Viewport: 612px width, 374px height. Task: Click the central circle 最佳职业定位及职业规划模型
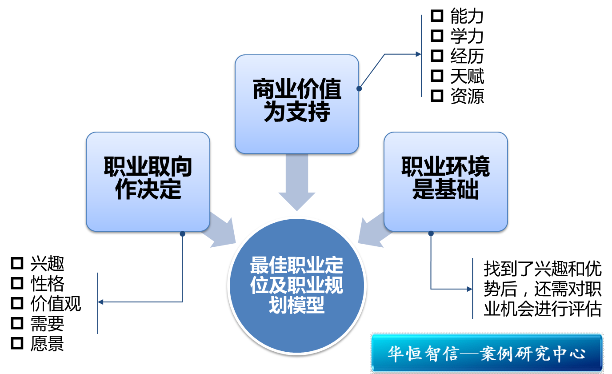[x=296, y=285]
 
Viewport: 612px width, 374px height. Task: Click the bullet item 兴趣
[x=47, y=264]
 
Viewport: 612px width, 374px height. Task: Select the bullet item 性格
[x=47, y=284]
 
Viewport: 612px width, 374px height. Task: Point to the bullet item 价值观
[x=56, y=304]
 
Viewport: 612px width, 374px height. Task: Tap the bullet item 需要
[x=47, y=324]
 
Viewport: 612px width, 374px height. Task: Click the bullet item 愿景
[x=47, y=344]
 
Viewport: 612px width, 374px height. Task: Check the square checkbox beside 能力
[x=437, y=16]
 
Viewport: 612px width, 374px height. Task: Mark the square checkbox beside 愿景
[x=17, y=343]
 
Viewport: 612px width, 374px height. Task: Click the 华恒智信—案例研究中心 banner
[x=487, y=353]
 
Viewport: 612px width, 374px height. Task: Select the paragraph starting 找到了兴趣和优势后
[x=542, y=289]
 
